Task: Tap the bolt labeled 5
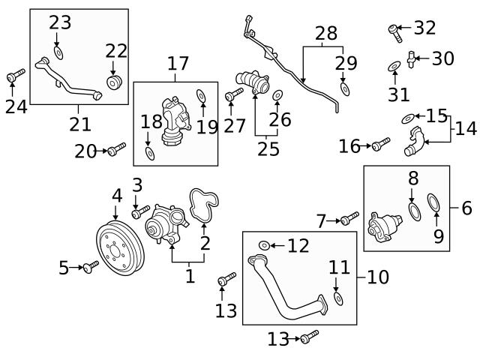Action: [x=91, y=266]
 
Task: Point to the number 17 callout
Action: [x=178, y=64]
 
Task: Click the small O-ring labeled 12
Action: [x=264, y=245]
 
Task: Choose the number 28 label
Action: [x=325, y=33]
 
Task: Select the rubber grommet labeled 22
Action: [x=115, y=81]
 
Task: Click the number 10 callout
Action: [x=379, y=277]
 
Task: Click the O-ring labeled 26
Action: [x=277, y=95]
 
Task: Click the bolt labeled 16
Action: [x=381, y=142]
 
